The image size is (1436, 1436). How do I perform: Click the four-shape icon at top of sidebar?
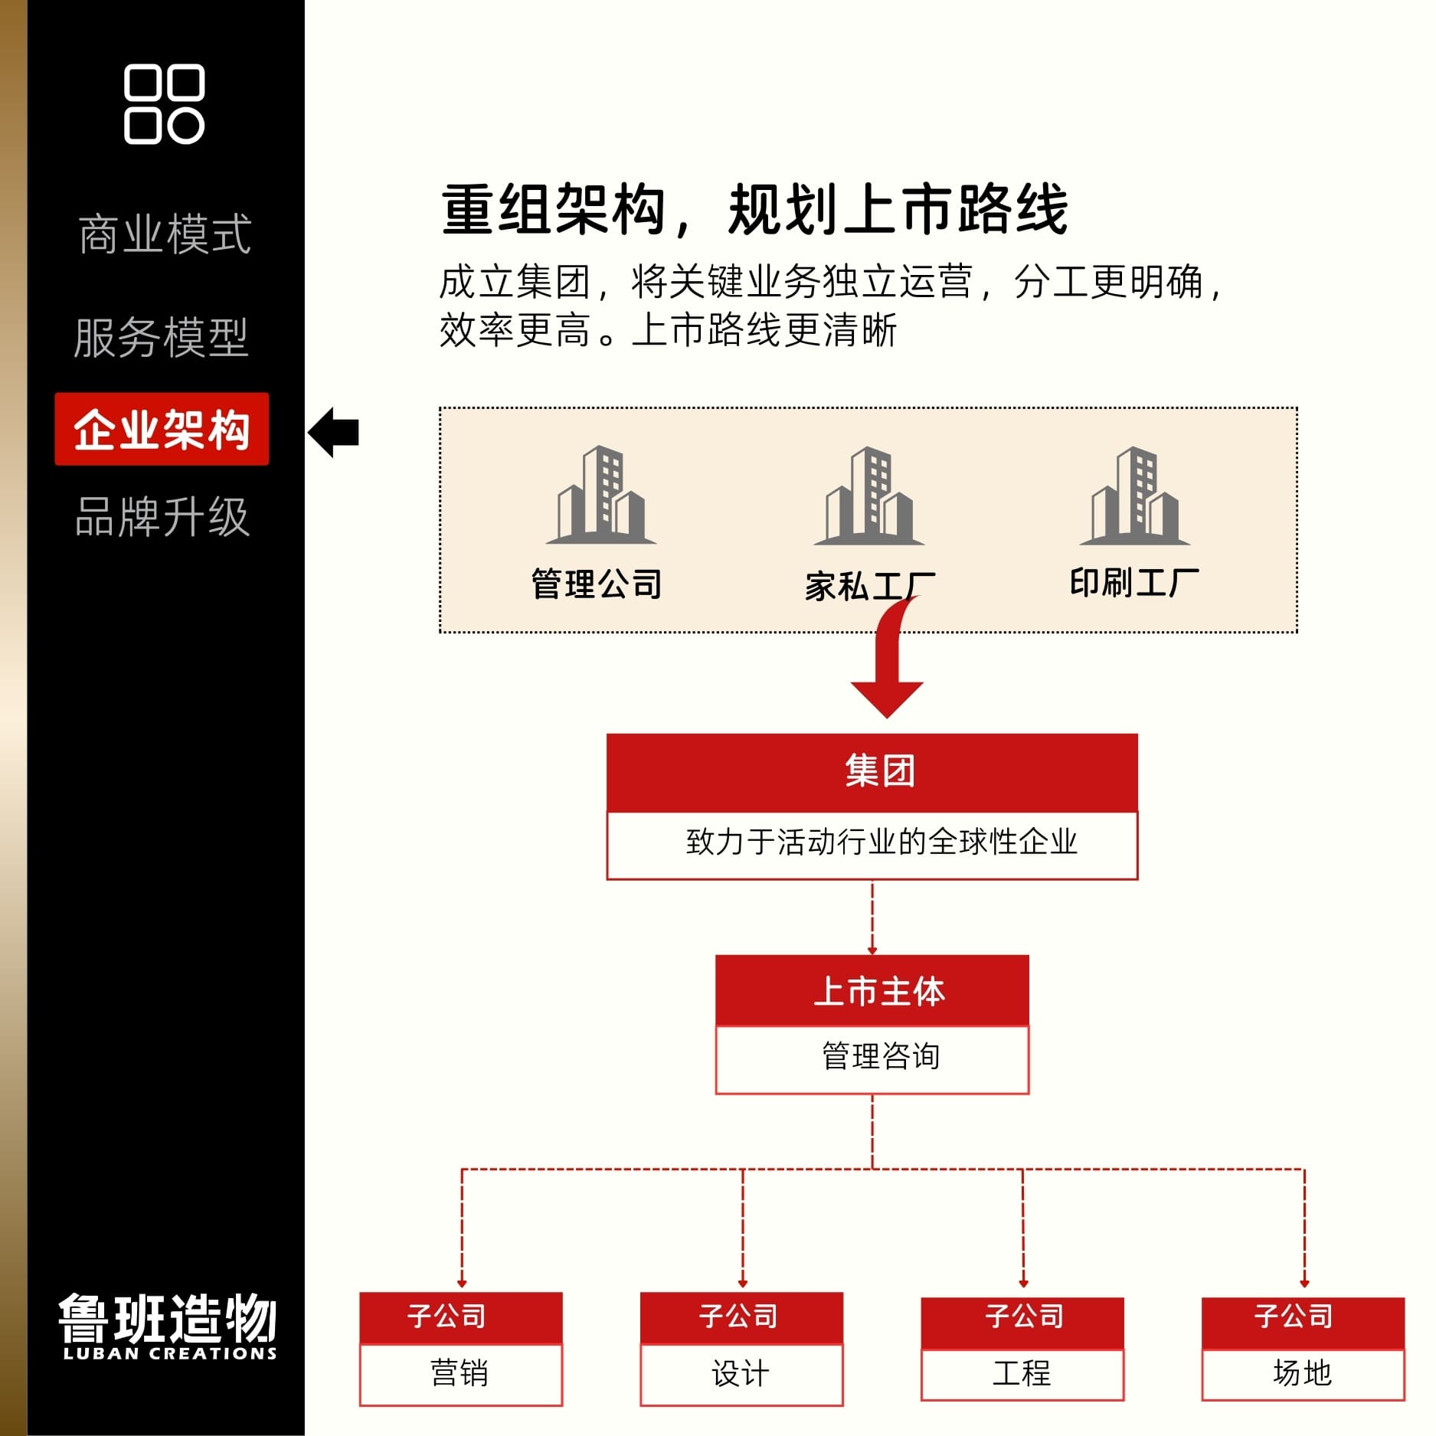click(x=164, y=104)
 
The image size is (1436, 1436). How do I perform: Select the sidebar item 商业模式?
click(x=164, y=234)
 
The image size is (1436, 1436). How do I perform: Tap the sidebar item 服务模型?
click(x=161, y=338)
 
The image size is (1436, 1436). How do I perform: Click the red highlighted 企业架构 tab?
click(x=162, y=430)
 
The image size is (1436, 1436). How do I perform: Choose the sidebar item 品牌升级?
click(x=162, y=517)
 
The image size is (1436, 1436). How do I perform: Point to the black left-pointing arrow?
click(x=334, y=432)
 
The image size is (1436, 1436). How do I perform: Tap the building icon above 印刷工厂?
click(x=1134, y=496)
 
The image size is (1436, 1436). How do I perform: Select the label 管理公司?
click(x=597, y=584)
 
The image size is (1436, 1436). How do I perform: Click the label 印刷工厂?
click(x=1133, y=583)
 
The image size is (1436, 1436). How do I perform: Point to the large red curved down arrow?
click(x=888, y=666)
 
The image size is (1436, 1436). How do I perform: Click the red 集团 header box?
click(x=872, y=771)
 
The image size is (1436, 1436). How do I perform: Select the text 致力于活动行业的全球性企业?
click(x=881, y=842)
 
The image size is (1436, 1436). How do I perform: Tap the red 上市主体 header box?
click(x=872, y=990)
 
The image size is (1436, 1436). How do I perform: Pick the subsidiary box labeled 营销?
click(x=460, y=1373)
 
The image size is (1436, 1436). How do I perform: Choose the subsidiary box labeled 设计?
click(x=741, y=1373)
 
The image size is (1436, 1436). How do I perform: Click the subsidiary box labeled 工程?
click(x=1022, y=1373)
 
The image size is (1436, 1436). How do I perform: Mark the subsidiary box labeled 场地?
click(x=1302, y=1373)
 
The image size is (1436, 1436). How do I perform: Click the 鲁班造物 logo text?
click(x=168, y=1319)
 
